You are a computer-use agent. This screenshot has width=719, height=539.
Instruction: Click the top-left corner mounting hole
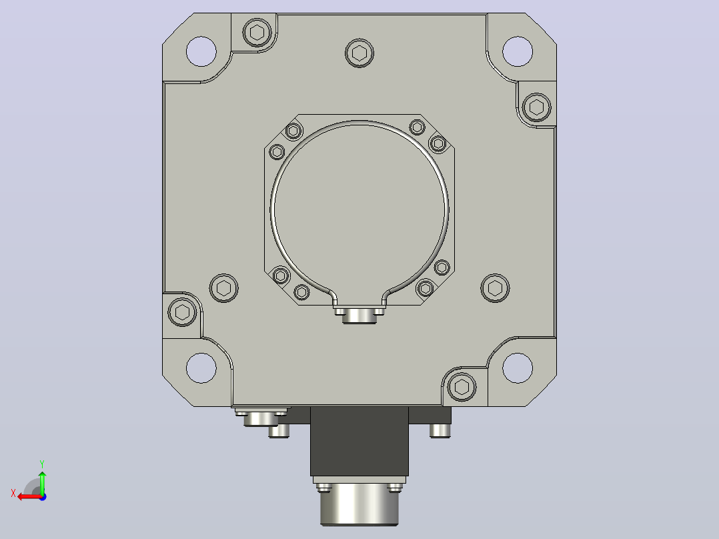201,51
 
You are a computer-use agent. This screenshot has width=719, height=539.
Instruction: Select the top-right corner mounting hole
518,51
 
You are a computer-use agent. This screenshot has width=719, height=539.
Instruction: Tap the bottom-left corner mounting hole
201,368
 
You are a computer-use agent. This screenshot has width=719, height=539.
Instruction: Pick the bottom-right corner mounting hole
518,368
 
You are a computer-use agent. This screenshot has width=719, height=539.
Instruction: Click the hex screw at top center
359,53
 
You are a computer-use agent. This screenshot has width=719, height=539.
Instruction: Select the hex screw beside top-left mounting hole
257,33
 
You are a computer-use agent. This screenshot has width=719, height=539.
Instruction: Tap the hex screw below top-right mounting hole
536,107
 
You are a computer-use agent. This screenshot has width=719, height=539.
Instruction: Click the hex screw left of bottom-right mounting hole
462,387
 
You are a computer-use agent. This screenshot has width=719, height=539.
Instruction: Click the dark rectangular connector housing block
359,442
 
